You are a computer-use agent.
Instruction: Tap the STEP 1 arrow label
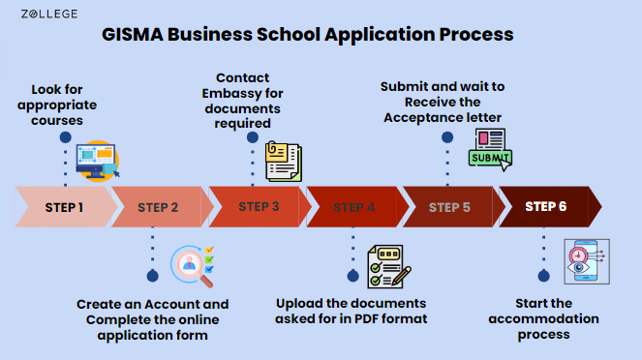pyautogui.click(x=64, y=207)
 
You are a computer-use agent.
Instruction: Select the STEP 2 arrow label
pyautogui.click(x=159, y=207)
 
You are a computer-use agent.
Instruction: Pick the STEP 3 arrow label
pyautogui.click(x=259, y=206)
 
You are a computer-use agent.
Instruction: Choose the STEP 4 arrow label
pyautogui.click(x=354, y=207)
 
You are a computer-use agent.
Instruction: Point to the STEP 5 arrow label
pyautogui.click(x=449, y=207)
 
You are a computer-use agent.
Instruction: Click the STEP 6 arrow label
pyautogui.click(x=546, y=206)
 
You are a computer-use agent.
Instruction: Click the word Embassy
pyautogui.click(x=236, y=93)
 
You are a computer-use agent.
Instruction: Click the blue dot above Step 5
pyautogui.click(x=447, y=137)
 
